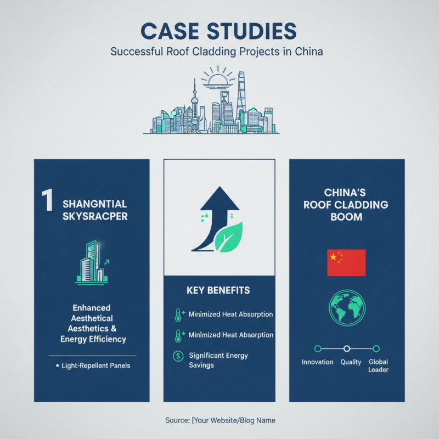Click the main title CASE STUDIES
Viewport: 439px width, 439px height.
pos(218,31)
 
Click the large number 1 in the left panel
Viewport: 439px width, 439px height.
pos(47,200)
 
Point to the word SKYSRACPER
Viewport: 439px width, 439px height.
pos(95,216)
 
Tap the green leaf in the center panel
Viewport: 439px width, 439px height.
pos(228,237)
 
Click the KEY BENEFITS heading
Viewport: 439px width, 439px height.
pos(218,290)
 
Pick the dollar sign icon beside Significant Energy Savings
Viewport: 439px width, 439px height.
pos(178,356)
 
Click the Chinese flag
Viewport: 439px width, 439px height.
pos(346,263)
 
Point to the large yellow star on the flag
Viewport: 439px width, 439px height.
pos(333,257)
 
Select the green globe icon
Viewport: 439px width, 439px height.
pos(347,308)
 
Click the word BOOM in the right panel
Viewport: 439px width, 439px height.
pos(346,217)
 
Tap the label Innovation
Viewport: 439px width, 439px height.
pos(317,362)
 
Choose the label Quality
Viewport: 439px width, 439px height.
pos(351,362)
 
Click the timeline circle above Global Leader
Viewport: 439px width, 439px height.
pos(376,348)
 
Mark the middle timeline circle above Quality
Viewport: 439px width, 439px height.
pos(347,348)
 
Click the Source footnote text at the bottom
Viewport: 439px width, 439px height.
pos(220,420)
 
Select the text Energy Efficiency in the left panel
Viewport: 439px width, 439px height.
pos(93,339)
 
